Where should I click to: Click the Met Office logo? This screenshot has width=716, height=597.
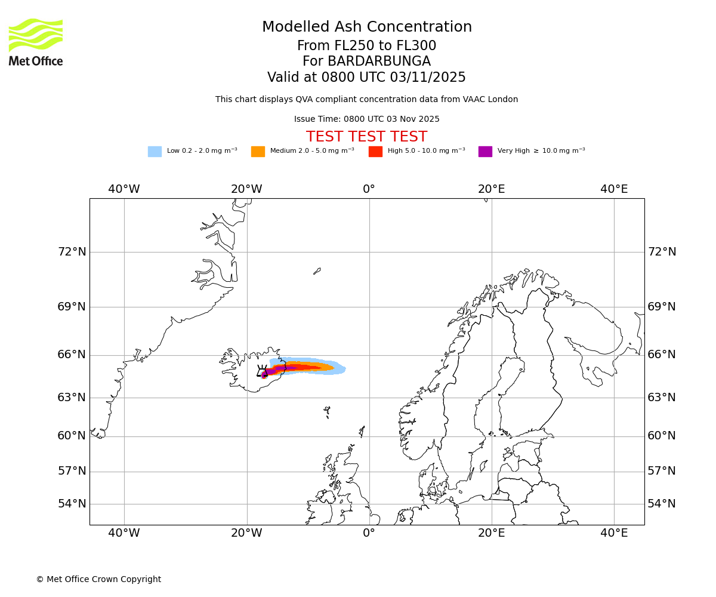click(36, 42)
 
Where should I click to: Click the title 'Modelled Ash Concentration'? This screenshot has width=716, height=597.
click(367, 27)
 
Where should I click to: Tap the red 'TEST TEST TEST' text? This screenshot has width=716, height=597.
click(366, 137)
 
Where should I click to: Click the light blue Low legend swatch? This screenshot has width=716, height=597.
click(155, 152)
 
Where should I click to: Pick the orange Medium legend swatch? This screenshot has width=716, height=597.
click(258, 152)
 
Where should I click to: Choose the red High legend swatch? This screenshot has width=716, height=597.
click(375, 152)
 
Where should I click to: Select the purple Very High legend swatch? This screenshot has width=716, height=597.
click(485, 152)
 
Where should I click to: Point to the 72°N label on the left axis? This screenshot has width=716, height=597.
click(72, 252)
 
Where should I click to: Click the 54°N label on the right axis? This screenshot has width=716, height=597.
click(662, 504)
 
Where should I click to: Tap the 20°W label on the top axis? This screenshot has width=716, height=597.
click(246, 189)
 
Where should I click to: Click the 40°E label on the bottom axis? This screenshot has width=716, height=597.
click(614, 533)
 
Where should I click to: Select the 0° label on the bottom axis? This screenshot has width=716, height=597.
click(369, 533)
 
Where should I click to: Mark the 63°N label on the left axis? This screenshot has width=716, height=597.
click(72, 398)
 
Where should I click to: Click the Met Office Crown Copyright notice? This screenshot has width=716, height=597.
click(98, 579)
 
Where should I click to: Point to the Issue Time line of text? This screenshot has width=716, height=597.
click(366, 119)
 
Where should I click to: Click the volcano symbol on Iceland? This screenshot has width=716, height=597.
click(263, 371)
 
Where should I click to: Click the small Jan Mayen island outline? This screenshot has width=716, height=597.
click(317, 271)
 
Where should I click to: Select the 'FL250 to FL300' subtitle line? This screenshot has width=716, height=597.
click(366, 46)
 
